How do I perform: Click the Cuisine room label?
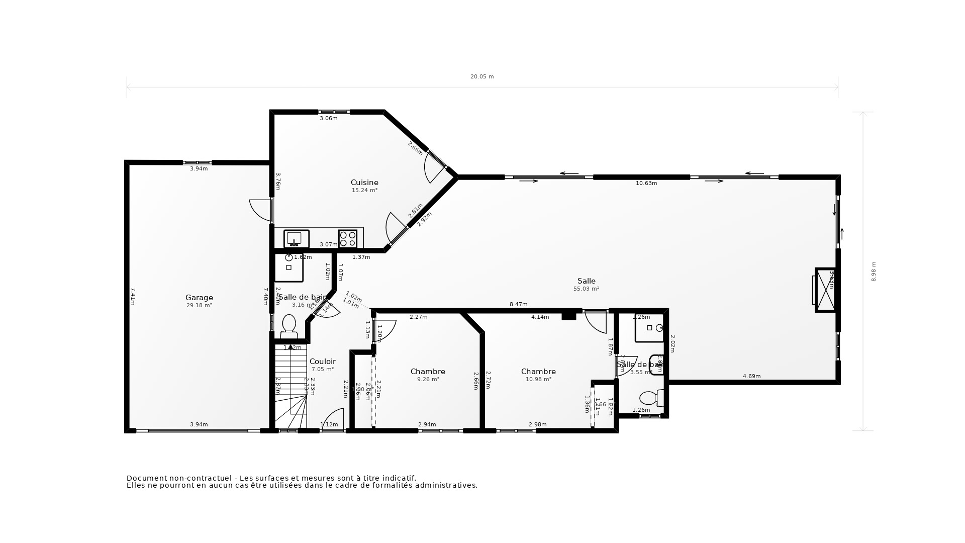[x=364, y=183]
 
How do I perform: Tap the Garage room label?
[x=199, y=298]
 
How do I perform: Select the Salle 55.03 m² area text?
[x=586, y=289]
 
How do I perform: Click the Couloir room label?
[x=322, y=361]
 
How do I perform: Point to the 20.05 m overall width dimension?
[x=482, y=77]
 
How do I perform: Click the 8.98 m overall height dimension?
[x=874, y=271]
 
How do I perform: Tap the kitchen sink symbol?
[x=296, y=238]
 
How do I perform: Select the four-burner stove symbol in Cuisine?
[x=348, y=239]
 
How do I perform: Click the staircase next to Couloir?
[x=291, y=387]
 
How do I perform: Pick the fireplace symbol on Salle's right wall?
[x=825, y=290]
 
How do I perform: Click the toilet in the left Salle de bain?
[x=289, y=326]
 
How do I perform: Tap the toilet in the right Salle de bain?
[x=651, y=398]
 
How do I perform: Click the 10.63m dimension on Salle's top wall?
[x=646, y=184]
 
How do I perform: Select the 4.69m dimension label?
[x=751, y=377]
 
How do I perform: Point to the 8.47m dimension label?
[x=518, y=305]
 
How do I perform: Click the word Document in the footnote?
[x=145, y=478]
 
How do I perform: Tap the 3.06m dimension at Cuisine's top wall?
[x=329, y=119]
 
